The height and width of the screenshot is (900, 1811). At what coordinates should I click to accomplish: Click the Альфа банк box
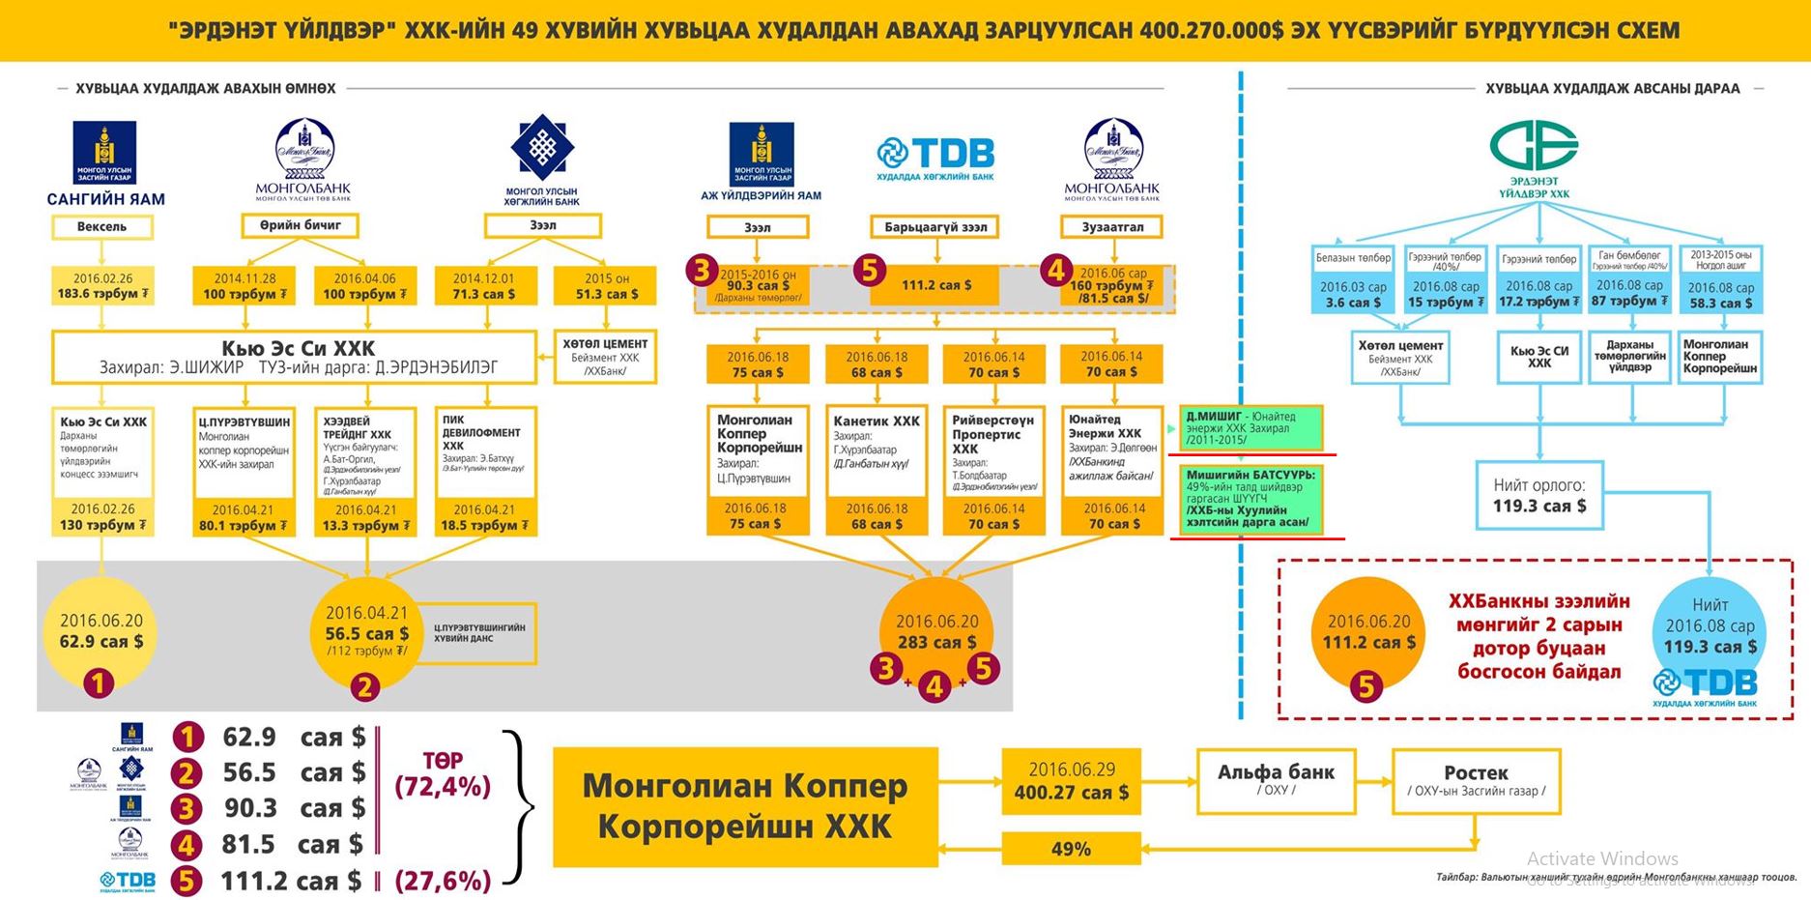pyautogui.click(x=1275, y=780)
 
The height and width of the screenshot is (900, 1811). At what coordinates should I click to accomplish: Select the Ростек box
pyautogui.click(x=1475, y=780)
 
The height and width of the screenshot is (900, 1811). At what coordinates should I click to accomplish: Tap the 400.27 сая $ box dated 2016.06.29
pyautogui.click(x=1071, y=781)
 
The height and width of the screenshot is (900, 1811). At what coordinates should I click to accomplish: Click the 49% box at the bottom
pyautogui.click(x=1071, y=849)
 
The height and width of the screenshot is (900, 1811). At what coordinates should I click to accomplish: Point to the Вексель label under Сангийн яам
pyautogui.click(x=102, y=227)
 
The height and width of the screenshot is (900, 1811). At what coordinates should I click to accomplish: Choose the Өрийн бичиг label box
pyautogui.click(x=300, y=225)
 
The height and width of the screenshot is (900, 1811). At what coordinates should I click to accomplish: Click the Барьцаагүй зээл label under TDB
pyautogui.click(x=934, y=227)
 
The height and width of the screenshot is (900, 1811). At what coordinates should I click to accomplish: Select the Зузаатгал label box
pyautogui.click(x=1112, y=227)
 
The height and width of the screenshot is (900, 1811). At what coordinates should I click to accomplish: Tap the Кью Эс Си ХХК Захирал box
pyautogui.click(x=295, y=357)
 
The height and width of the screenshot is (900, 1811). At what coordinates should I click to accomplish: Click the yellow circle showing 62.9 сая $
pyautogui.click(x=101, y=630)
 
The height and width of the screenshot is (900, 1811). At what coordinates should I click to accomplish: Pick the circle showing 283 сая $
pyautogui.click(x=935, y=631)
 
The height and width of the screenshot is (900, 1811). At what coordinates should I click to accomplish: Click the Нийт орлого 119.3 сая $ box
pyautogui.click(x=1539, y=495)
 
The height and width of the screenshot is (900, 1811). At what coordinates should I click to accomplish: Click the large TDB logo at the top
pyautogui.click(x=934, y=155)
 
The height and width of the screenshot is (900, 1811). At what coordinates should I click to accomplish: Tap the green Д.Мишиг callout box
pyautogui.click(x=1246, y=428)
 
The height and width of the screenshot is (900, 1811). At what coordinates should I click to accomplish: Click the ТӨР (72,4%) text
pyautogui.click(x=443, y=773)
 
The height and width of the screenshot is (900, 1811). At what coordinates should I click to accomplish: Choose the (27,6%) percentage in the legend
pyautogui.click(x=443, y=881)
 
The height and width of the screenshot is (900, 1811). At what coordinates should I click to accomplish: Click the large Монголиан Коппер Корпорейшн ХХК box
pyautogui.click(x=745, y=806)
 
